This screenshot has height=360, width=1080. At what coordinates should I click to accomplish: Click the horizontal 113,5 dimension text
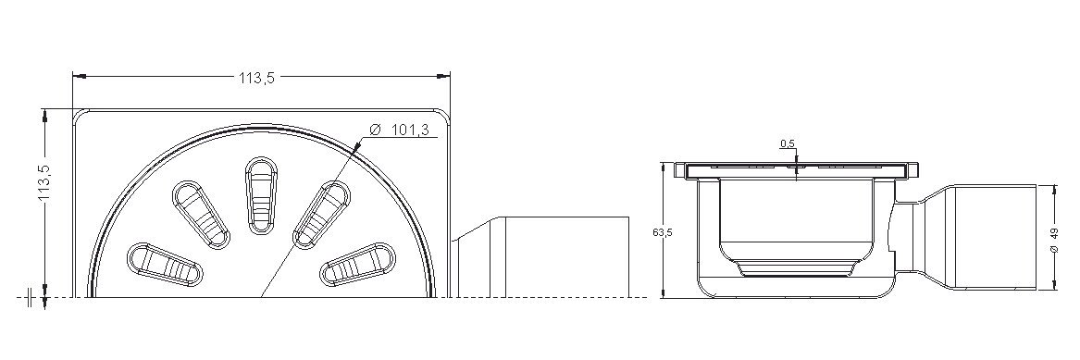[x=257, y=78]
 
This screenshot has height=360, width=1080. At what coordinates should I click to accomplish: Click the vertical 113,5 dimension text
[x=45, y=184]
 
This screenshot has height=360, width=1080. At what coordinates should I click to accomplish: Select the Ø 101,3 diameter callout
[x=403, y=130]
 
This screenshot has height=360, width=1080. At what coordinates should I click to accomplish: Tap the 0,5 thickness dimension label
[x=788, y=143]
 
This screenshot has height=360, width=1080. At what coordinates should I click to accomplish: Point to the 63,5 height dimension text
[x=662, y=232]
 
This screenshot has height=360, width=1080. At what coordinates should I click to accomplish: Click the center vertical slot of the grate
[x=262, y=195]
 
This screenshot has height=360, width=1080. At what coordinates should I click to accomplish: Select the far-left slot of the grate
[x=166, y=264]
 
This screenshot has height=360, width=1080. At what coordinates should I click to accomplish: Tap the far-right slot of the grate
[x=357, y=264]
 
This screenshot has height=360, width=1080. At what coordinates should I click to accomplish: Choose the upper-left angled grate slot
[x=201, y=215]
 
